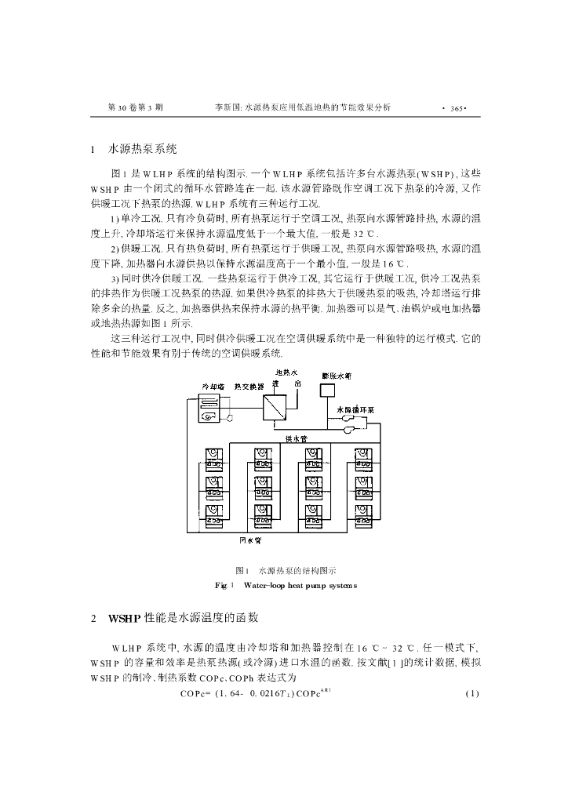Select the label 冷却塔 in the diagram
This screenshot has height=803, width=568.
click(x=214, y=387)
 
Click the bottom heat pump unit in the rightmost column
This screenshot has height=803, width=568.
click(x=363, y=514)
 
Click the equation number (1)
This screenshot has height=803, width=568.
click(x=471, y=694)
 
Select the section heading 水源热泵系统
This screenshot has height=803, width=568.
click(x=144, y=147)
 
